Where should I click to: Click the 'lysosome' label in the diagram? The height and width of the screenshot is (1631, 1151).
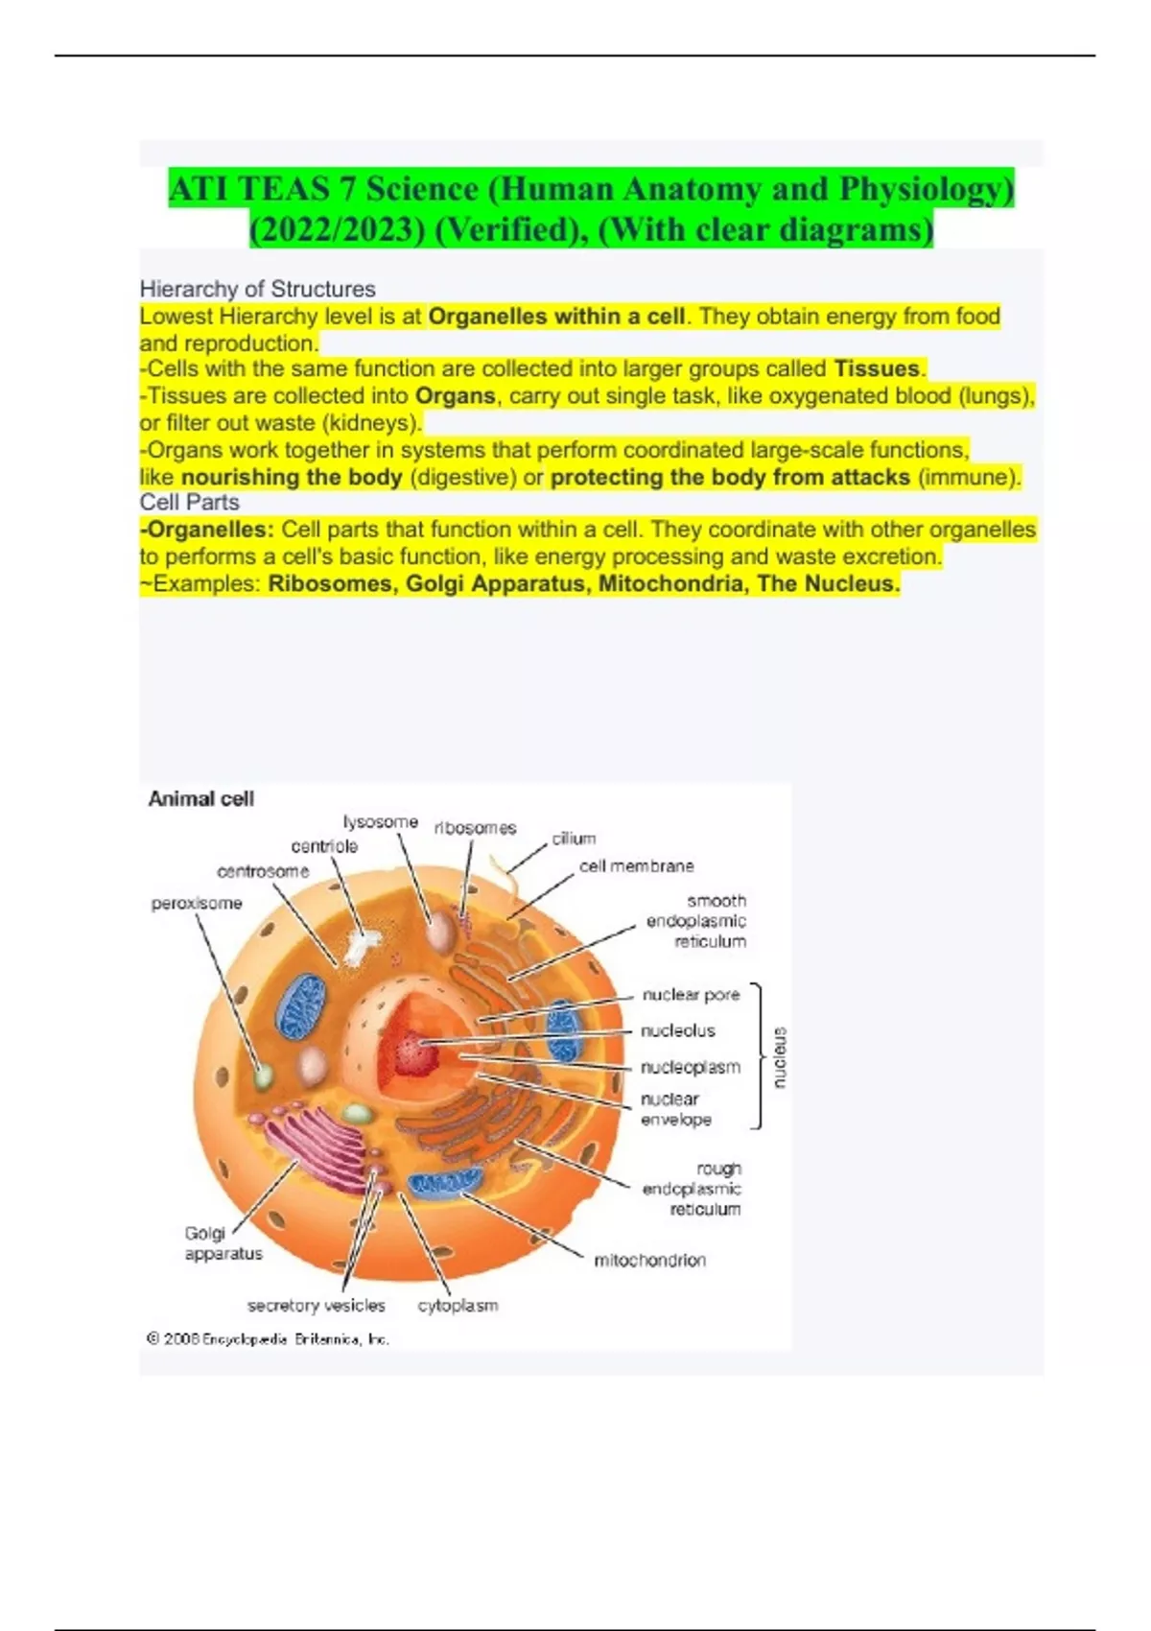point(380,822)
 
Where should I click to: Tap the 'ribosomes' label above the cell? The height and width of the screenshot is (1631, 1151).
point(475,828)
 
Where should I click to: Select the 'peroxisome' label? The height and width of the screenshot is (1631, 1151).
point(197,904)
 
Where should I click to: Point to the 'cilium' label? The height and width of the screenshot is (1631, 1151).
point(574,839)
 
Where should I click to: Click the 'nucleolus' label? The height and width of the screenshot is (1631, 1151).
point(678,1031)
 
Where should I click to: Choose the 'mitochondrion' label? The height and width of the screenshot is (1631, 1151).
point(649,1261)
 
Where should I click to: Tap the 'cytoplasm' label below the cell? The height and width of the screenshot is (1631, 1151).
point(458,1307)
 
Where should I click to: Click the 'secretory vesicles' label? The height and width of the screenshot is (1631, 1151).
point(316,1306)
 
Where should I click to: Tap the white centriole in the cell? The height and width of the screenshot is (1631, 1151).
point(362,946)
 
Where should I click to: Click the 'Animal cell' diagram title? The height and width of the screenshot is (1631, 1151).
point(200,799)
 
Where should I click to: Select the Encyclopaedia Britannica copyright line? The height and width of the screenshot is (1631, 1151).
point(268,1339)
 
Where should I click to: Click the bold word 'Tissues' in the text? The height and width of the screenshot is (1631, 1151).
point(877,369)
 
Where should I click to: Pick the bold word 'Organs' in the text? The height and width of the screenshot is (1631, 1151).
point(455,397)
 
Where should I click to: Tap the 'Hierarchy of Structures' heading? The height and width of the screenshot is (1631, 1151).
point(258,289)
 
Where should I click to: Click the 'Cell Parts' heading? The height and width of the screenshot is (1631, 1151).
point(189,503)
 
